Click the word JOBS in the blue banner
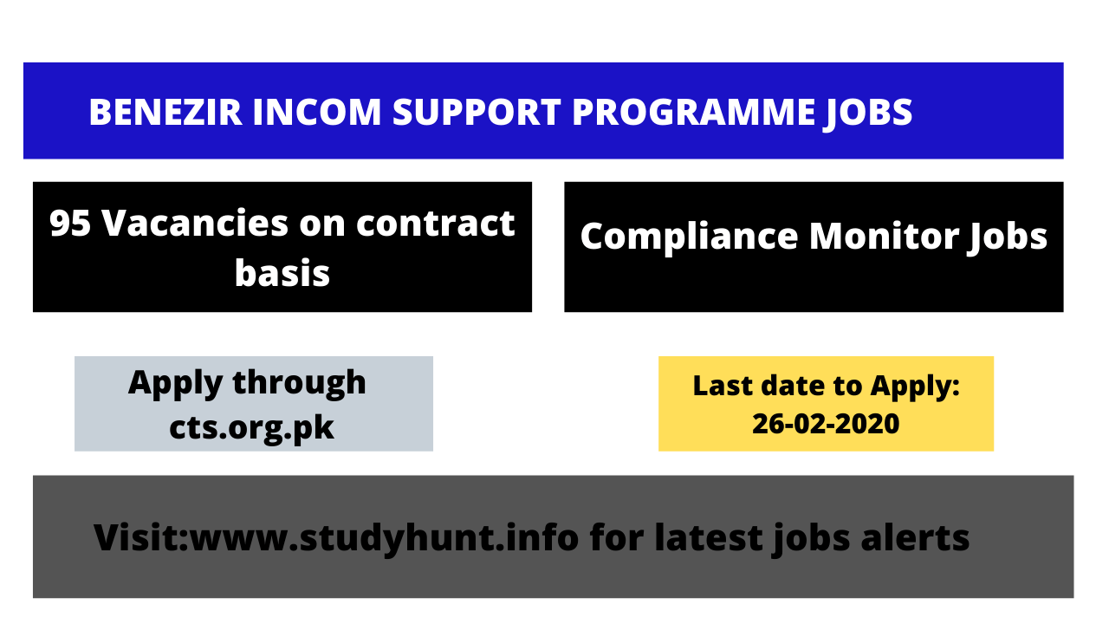[x=865, y=113]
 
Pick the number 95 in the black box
[x=70, y=224]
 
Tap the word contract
[x=436, y=224]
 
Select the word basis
[x=282, y=273]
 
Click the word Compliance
[x=689, y=237]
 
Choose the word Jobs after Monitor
[x=1008, y=237]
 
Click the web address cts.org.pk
[x=252, y=427]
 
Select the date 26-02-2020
[x=826, y=425]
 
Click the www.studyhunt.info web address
[x=384, y=537]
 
